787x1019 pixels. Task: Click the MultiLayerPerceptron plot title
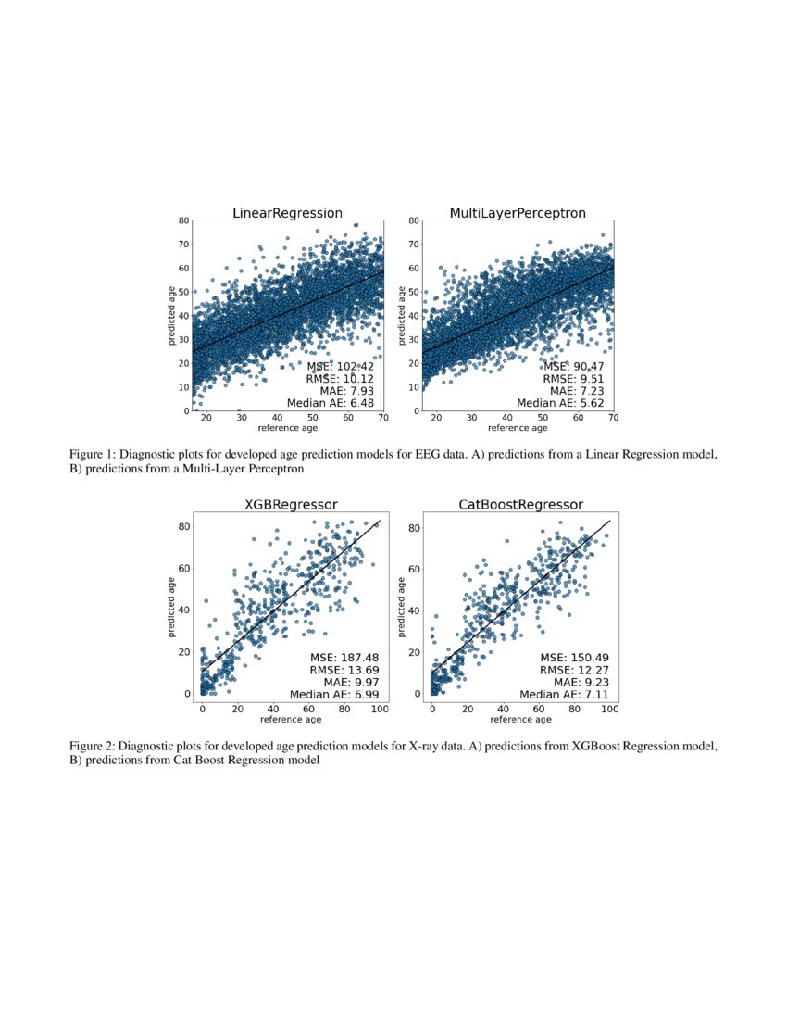point(518,213)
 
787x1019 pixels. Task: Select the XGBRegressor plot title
point(290,504)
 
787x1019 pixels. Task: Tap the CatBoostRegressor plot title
point(520,504)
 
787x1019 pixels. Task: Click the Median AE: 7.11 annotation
point(564,694)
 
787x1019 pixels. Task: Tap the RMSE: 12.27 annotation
point(574,669)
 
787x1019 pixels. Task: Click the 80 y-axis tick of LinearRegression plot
point(183,221)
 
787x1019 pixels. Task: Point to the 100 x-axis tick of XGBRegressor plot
point(379,709)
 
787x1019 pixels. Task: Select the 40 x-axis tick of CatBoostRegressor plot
point(503,709)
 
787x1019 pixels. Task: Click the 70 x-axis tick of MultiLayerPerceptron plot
point(613,419)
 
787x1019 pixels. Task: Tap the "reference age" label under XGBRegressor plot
point(291,719)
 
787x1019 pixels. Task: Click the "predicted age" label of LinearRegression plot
point(171,316)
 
